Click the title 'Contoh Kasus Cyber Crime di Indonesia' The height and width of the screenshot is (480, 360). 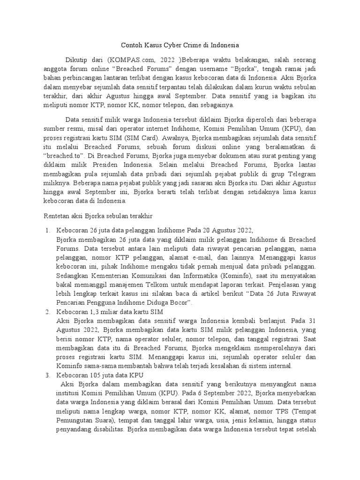[180, 45]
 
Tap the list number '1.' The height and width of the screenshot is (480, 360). [48, 230]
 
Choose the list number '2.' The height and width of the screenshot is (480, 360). [48, 311]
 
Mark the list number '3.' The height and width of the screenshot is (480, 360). [48, 376]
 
